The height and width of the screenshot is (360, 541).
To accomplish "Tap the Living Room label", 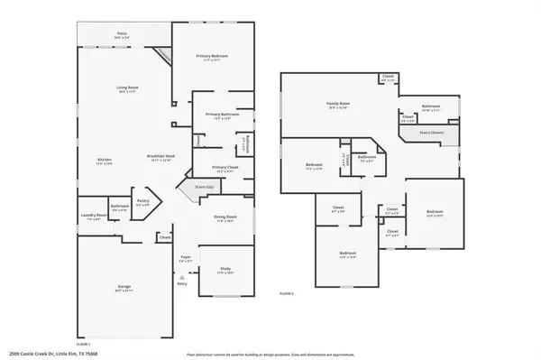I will pos(126,88).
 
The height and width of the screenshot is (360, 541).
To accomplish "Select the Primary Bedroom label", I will pos(213,56).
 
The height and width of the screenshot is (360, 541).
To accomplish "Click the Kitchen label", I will pos(105,160).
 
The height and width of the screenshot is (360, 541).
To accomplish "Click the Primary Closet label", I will pos(225,167).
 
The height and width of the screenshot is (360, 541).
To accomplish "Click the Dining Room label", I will pos(225,217).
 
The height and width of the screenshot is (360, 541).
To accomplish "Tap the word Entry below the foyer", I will pos(182,283).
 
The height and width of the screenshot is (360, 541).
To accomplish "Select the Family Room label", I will pos(337,105).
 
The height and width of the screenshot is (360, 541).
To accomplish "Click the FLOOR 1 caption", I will pos(84,344).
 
